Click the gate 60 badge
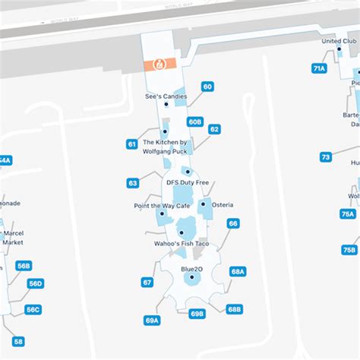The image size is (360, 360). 207,87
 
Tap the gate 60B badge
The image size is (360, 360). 195,122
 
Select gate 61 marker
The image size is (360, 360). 132,144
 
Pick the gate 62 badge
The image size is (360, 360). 214,129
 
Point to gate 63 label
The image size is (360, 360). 133,183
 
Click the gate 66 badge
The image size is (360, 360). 233,223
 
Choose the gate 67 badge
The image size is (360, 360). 147,282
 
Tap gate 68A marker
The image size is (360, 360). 238,271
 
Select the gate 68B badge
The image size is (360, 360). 234,309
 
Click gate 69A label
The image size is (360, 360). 153,321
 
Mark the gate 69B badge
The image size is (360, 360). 197,313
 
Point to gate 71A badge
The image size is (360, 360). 319,68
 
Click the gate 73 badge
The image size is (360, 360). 326,157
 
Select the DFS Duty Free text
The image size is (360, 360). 187,182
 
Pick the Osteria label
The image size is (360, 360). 223,205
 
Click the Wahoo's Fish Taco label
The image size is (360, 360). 182,243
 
